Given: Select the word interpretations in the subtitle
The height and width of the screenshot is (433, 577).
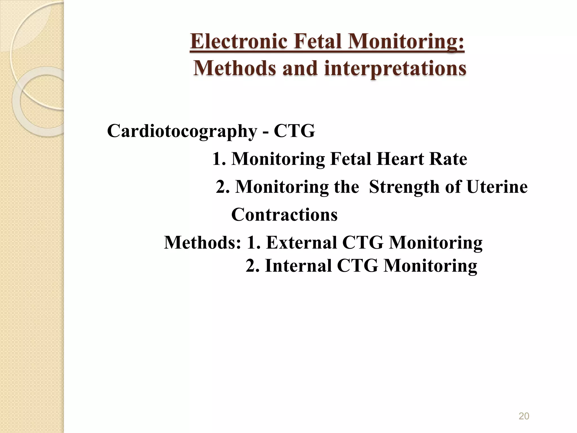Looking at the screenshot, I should pos(395,69).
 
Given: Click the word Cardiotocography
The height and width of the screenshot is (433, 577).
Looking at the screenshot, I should pos(182,131).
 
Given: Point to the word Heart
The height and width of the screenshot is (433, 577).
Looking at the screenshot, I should pos(401,159).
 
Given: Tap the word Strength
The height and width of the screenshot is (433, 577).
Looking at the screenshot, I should pos(404,187).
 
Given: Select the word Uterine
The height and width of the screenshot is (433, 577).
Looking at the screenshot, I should pos(497,187).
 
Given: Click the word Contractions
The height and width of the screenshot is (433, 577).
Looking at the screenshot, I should pos(284,215).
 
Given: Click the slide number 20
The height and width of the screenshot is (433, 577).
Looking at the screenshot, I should pos(524,416).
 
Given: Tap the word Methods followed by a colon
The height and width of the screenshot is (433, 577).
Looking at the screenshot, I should pos(203,242).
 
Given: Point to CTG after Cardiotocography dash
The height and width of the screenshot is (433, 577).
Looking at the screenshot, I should pos(294,131).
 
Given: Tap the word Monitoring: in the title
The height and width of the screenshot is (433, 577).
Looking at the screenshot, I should pos(406,41).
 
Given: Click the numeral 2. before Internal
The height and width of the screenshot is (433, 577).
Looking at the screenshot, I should pos(253,266).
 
